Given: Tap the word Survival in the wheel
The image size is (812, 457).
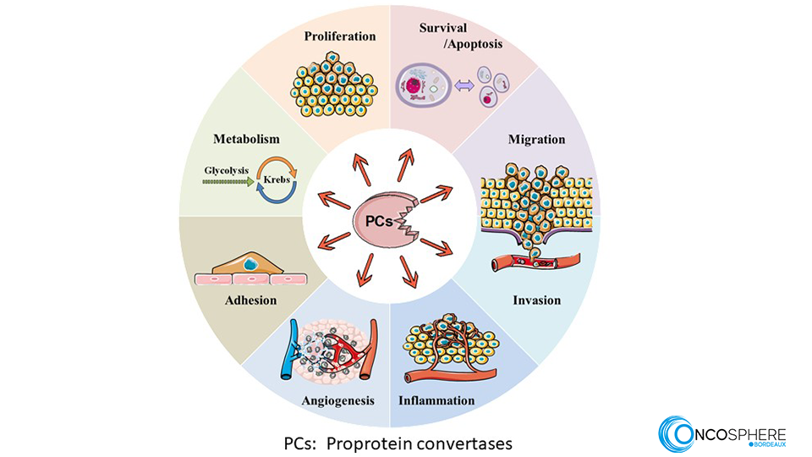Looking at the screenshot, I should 443,28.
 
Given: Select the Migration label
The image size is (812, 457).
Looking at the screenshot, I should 536,139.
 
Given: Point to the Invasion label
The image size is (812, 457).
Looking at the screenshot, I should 536,300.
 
